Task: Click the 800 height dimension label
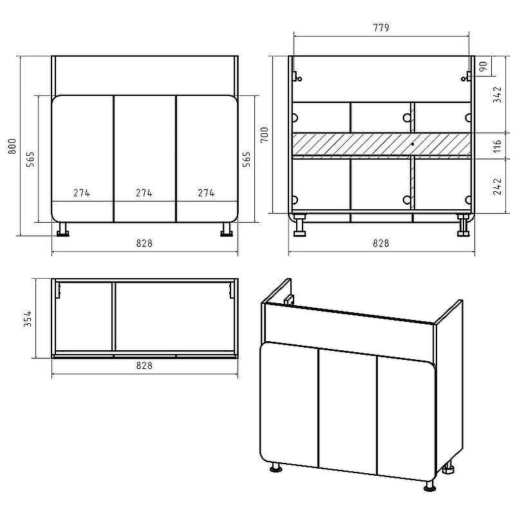[x=12, y=147]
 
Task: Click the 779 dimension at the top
[x=381, y=28]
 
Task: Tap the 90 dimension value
[x=483, y=67]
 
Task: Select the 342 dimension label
[x=498, y=95]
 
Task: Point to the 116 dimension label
[x=498, y=146]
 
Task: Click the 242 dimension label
[x=498, y=186]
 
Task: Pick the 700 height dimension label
[x=264, y=135]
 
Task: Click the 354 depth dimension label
[x=28, y=319]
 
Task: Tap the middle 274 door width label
[x=144, y=192]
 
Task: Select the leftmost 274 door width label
[x=82, y=192]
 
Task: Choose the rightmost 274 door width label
[x=206, y=192]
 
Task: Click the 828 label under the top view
[x=144, y=366]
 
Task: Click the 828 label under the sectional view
[x=381, y=243]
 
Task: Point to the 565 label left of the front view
[x=30, y=159]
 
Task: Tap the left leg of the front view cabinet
[x=62, y=229]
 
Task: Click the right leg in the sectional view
[x=463, y=225]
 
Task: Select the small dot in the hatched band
[x=413, y=144]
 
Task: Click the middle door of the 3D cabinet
[x=348, y=411]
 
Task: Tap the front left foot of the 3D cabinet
[x=276, y=467]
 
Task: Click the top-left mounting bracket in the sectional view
[x=296, y=77]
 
